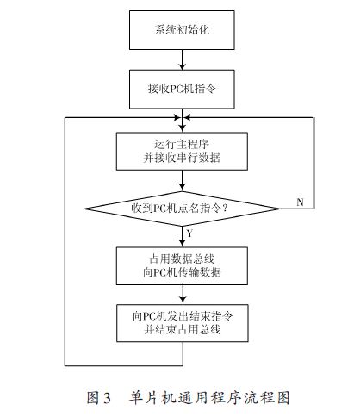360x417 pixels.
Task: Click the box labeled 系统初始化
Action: (182, 30)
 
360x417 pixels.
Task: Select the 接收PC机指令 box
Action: (182, 89)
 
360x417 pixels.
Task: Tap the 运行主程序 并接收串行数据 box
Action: (182, 151)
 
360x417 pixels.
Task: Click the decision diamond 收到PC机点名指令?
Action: (182, 208)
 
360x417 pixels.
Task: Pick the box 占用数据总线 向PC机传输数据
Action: (182, 266)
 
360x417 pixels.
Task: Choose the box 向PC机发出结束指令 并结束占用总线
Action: (183, 323)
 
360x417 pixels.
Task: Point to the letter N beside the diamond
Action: (300, 202)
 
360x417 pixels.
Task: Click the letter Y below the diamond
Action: (189, 233)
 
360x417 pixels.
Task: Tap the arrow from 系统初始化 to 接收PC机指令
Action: (182, 59)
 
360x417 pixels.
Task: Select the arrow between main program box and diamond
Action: (182, 181)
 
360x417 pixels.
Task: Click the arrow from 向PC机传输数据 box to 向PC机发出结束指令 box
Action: (183, 295)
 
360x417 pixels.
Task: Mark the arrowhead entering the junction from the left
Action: (177, 117)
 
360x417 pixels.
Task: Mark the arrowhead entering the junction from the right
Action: (187, 117)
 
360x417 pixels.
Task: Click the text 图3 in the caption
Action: (99, 398)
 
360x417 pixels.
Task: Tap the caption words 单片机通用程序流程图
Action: (209, 398)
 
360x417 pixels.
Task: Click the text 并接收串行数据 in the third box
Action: (182, 158)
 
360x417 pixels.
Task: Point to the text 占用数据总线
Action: (182, 259)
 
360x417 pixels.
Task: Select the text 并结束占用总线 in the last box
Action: (183, 329)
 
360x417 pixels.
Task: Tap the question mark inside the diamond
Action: (225, 208)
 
